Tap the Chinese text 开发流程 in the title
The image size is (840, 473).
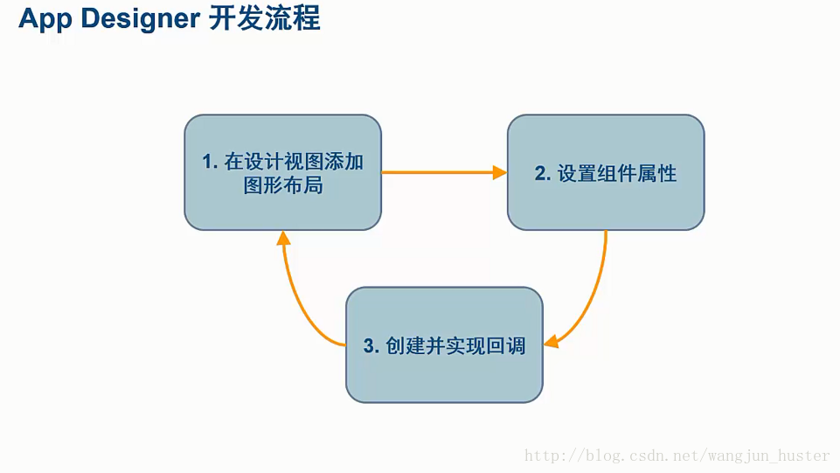click(264, 18)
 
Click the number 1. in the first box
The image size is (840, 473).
click(210, 162)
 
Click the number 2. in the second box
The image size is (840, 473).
click(543, 173)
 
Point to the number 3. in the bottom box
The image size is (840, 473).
click(371, 345)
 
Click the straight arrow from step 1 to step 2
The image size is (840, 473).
click(437, 172)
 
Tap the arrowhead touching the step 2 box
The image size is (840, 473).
click(500, 172)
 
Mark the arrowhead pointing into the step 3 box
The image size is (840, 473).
click(552, 341)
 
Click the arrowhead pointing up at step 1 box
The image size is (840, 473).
click(282, 237)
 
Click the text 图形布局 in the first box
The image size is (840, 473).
click(283, 184)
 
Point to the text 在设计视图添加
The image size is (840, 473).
click(294, 162)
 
